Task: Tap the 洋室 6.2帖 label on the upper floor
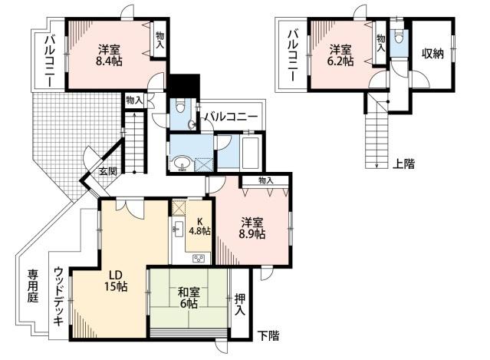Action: [x=341, y=55]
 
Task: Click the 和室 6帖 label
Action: [x=189, y=297]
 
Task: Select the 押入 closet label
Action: [x=239, y=305]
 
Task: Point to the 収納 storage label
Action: [x=433, y=54]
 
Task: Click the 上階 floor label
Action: [x=405, y=163]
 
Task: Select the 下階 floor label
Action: [x=268, y=335]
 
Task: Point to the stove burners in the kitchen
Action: [x=199, y=258]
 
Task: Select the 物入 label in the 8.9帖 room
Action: [x=266, y=180]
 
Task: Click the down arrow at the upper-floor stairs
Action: [x=377, y=163]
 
